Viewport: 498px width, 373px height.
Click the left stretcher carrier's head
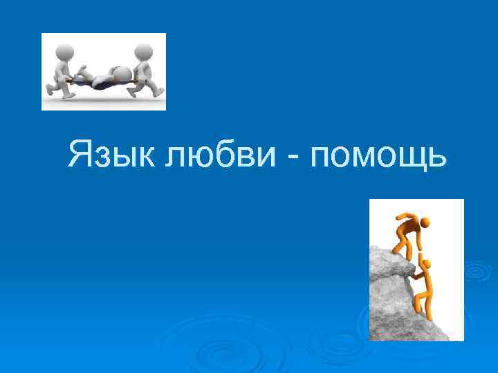point(65,50)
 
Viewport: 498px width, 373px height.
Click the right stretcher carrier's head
point(143,51)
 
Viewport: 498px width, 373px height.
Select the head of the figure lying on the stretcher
point(122,73)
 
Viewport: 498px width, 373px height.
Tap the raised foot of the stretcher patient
point(80,68)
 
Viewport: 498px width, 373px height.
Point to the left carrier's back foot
point(50,90)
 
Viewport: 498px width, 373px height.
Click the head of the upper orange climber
point(424,223)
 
